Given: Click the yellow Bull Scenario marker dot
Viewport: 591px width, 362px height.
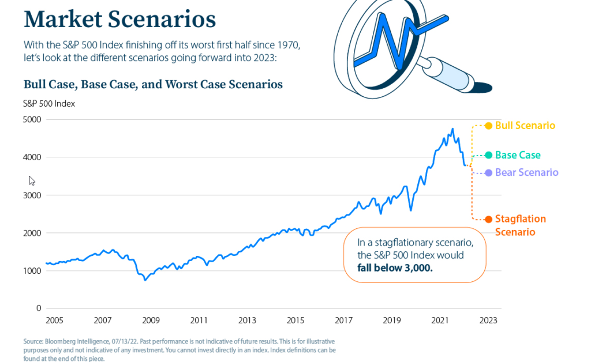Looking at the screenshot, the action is point(488,126).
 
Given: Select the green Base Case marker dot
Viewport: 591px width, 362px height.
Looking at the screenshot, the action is point(488,155).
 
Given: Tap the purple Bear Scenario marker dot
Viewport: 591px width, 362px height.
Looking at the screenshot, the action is point(488,173).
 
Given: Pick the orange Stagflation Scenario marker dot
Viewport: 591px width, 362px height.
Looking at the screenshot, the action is point(488,220).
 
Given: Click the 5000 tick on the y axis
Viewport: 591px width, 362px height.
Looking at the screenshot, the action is point(32,120).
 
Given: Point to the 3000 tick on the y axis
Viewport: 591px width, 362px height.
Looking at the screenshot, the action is point(32,195).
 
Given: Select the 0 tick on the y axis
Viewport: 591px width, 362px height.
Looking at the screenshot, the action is point(39,308).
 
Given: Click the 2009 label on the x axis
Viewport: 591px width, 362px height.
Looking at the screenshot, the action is point(151,320).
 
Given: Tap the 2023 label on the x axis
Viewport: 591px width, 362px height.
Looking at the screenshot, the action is point(488,320).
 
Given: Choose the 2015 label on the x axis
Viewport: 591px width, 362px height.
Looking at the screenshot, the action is point(295,320).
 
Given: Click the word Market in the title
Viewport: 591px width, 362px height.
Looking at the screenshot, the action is point(63,19).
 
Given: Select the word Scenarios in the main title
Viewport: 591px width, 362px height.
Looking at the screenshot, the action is point(162,19).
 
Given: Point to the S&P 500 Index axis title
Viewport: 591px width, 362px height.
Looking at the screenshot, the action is point(49,104).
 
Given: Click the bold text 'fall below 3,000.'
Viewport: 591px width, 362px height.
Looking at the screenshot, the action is point(395,268).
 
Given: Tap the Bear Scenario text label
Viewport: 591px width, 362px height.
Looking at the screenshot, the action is point(526,172).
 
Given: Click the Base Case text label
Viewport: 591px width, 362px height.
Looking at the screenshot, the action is point(518,155).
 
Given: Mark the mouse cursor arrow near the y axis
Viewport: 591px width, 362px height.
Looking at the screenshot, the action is point(32,181).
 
